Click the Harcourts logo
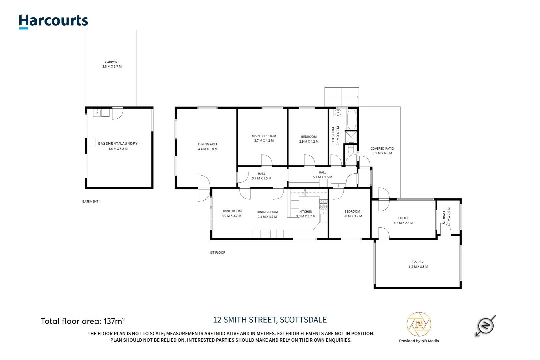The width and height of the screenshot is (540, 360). [53, 21]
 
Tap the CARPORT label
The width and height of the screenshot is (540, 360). [112, 62]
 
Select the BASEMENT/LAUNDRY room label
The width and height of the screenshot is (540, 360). [118, 144]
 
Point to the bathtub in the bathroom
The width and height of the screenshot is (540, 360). [352, 119]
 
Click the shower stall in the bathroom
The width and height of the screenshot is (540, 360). [351, 137]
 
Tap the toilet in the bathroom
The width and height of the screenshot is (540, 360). [351, 149]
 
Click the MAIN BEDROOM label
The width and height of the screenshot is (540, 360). [264, 136]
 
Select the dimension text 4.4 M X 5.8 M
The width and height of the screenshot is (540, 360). [208, 149]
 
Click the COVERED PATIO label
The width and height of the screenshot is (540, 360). [382, 149]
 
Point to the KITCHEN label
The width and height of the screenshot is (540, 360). [306, 212]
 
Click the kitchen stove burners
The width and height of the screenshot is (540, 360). [324, 204]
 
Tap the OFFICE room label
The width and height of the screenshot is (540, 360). [403, 218]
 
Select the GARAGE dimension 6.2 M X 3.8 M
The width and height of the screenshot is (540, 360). [418, 267]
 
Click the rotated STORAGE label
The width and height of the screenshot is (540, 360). [444, 217]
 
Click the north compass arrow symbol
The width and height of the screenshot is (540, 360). [485, 325]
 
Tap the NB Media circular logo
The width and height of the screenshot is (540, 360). [419, 324]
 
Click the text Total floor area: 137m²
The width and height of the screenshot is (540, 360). [83, 321]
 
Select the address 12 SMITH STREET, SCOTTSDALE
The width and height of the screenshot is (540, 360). [270, 320]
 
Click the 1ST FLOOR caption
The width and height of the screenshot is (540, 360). [217, 253]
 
